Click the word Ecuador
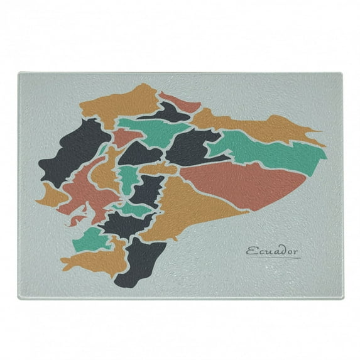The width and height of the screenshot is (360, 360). coord(273,252)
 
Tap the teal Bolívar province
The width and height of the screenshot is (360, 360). coord(129,179)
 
